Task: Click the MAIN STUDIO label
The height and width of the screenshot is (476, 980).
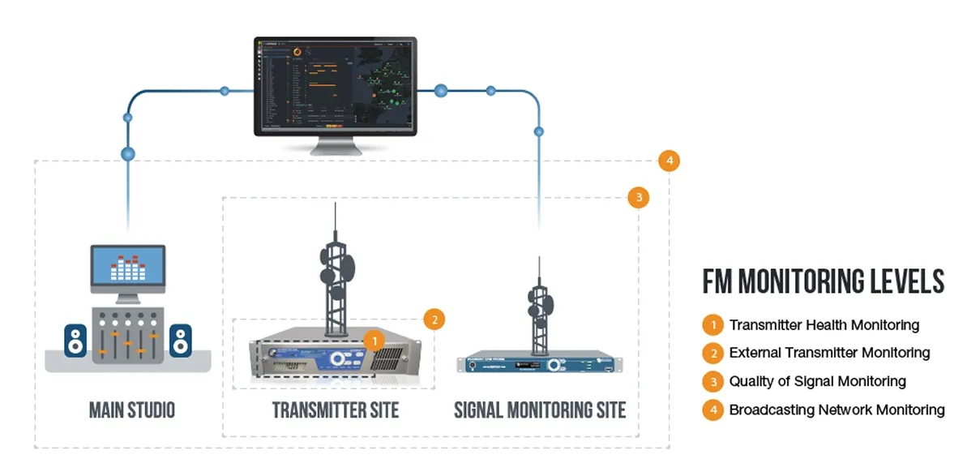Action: click(x=131, y=410)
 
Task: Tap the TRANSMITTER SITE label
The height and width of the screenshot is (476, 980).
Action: click(x=335, y=410)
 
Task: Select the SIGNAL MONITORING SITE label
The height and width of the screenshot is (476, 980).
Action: click(x=540, y=410)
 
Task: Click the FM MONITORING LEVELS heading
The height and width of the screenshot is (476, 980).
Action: click(x=824, y=282)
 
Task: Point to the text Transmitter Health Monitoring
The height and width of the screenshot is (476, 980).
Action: click(x=824, y=325)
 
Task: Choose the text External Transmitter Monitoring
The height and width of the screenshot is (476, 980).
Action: click(x=829, y=353)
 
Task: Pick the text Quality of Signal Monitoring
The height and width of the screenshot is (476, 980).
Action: click(x=817, y=381)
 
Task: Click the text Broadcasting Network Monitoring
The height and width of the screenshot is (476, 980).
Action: click(x=837, y=410)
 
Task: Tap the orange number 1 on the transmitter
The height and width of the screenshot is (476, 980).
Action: click(x=374, y=341)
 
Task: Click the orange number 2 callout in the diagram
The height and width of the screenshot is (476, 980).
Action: click(x=434, y=319)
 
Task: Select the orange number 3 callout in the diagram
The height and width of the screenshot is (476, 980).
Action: click(x=639, y=197)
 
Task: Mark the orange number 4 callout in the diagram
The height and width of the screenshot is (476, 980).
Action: click(x=669, y=161)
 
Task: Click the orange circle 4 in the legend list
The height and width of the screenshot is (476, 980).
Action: click(x=713, y=410)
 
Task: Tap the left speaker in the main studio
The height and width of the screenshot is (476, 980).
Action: click(x=75, y=341)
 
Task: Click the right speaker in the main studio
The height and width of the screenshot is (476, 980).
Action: click(x=181, y=341)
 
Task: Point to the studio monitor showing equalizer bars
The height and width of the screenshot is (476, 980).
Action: click(x=127, y=269)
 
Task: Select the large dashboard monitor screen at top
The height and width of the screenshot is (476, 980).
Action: click(x=335, y=87)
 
